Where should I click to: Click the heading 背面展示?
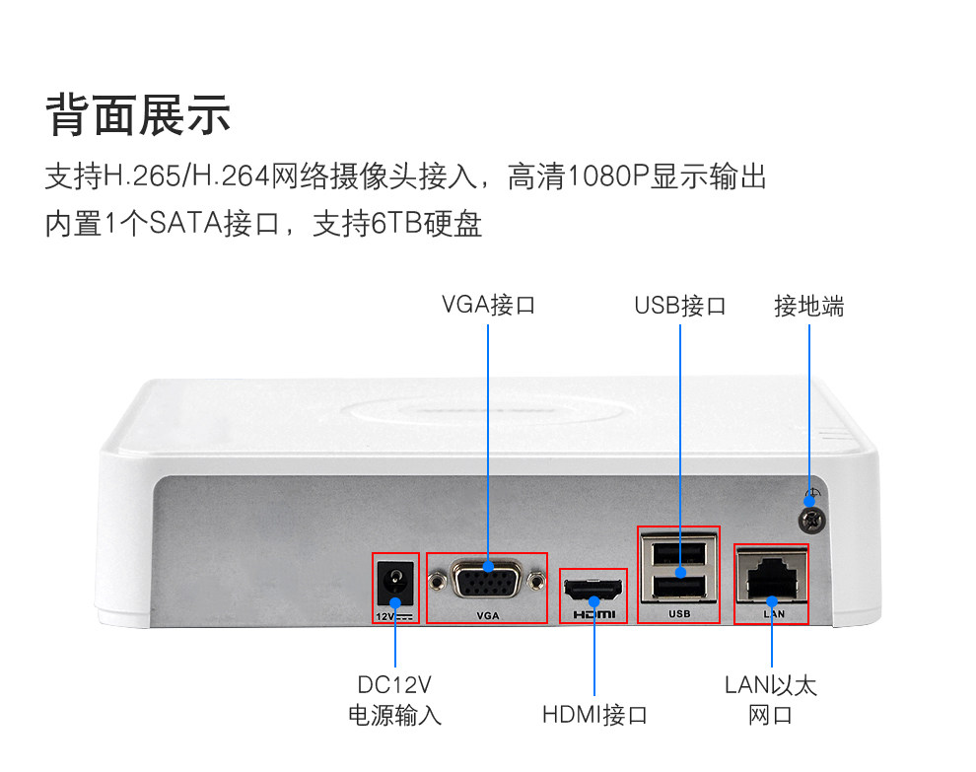click(138, 115)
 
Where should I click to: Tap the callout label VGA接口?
click(488, 305)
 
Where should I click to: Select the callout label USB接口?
click(679, 305)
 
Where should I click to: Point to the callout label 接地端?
click(808, 306)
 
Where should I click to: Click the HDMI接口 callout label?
click(594, 714)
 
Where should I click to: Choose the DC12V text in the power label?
click(394, 685)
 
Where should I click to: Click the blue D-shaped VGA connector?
click(487, 579)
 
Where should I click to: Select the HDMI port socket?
click(593, 588)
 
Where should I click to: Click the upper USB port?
click(678, 552)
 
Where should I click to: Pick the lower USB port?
click(678, 586)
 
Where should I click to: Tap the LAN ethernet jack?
click(772, 577)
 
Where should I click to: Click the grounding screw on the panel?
click(812, 520)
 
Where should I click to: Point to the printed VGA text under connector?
click(488, 616)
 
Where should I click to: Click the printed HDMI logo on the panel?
click(593, 614)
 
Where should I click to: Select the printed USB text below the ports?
click(679, 614)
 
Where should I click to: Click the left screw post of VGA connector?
click(439, 582)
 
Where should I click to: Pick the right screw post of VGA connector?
click(535, 582)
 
